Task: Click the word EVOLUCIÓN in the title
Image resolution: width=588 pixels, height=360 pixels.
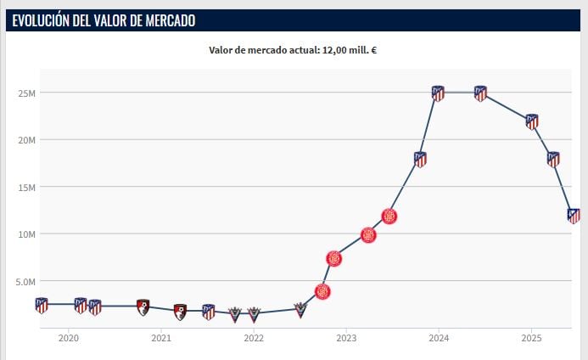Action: [40, 20]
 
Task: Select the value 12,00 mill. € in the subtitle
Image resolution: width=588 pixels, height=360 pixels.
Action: [349, 50]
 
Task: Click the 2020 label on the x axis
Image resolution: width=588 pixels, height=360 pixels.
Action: [69, 338]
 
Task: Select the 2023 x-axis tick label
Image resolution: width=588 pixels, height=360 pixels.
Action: [346, 338]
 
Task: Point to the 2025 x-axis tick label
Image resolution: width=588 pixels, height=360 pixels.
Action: [530, 338]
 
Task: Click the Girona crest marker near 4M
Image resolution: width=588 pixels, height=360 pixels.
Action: [322, 291]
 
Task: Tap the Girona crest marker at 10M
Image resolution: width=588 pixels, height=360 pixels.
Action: [368, 235]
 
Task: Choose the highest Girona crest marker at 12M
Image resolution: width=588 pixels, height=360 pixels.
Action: [389, 216]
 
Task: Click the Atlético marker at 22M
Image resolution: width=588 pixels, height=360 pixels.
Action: [532, 121]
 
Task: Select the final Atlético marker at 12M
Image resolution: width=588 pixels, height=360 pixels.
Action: [574, 216]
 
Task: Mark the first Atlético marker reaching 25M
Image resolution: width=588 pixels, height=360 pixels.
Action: [438, 93]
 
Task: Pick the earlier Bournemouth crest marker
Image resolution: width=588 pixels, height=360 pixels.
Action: [143, 306]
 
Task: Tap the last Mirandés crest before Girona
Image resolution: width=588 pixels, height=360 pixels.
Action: [300, 309]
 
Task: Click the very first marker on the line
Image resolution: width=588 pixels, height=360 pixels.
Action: [42, 305]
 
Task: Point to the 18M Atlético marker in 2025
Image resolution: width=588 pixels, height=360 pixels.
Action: [553, 159]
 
